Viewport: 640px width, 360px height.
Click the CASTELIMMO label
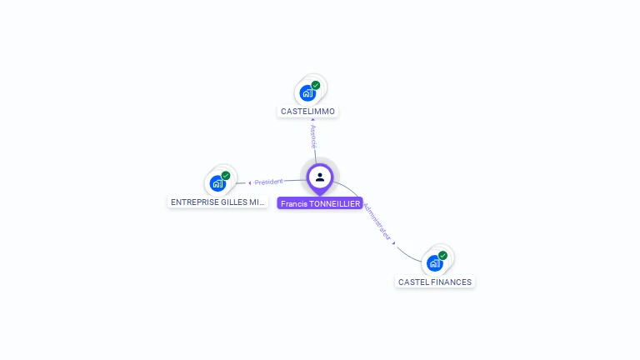[x=307, y=111]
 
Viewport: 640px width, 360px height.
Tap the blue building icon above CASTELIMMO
[x=307, y=92]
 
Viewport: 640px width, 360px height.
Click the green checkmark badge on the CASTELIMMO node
[x=316, y=85]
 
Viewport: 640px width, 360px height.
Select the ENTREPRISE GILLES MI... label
[x=217, y=202]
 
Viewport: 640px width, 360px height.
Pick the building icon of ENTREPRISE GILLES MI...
[x=217, y=183]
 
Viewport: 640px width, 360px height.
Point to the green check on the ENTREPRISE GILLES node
[x=226, y=176]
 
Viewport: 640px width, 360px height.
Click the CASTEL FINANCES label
[x=435, y=282]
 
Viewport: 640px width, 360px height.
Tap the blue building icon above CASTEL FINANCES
[x=434, y=263]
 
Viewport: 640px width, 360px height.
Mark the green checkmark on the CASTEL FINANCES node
[x=442, y=255]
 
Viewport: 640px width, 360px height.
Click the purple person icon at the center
[x=320, y=177]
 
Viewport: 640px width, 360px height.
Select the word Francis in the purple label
[x=293, y=203]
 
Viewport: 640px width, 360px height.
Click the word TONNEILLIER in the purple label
[x=335, y=203]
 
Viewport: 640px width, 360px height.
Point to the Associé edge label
[x=313, y=137]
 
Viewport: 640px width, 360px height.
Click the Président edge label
[x=269, y=182]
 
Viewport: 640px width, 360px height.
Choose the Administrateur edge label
[x=377, y=220]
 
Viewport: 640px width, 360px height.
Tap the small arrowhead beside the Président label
[x=249, y=182]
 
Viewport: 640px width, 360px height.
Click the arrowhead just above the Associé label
[x=312, y=120]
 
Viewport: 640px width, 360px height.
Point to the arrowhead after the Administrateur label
[x=394, y=243]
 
